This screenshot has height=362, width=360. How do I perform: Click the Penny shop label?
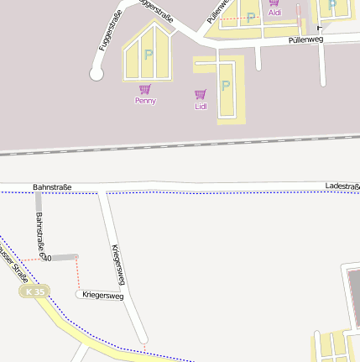[145, 101]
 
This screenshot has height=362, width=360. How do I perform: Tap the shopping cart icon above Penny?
[145, 89]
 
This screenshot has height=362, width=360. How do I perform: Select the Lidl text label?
[201, 107]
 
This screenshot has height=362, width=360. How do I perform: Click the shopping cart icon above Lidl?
[201, 95]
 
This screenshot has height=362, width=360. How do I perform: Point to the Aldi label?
[275, 13]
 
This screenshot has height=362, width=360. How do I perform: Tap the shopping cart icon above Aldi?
[274, 3]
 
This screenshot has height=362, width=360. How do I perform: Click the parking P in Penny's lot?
[149, 55]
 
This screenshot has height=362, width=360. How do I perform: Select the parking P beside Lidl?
[225, 86]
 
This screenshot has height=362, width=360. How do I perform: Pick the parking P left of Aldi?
[250, 17]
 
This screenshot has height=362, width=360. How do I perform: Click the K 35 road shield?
[35, 291]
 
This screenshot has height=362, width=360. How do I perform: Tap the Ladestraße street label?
[342, 186]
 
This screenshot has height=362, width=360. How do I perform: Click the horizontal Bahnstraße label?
[52, 186]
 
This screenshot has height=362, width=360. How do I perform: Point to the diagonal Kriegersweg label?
[119, 265]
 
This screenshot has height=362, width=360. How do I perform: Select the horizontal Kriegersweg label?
[102, 296]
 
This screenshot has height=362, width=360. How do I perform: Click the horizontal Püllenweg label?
[305, 39]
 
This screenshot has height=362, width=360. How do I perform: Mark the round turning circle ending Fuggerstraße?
[97, 75]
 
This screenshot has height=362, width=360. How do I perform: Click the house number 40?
[47, 258]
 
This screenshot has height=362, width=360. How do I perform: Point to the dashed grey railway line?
[180, 144]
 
